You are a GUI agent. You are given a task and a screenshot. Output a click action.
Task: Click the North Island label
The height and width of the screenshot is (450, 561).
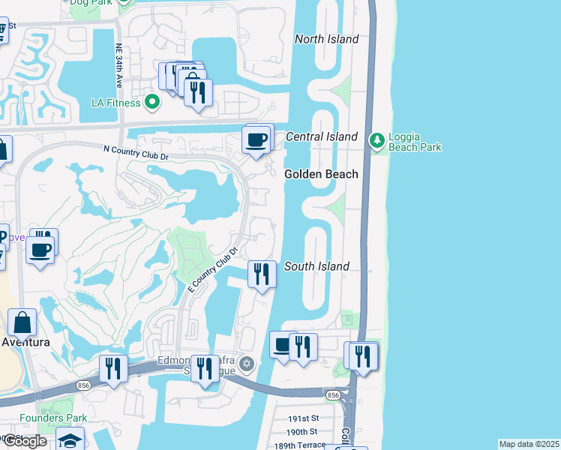point(327,39)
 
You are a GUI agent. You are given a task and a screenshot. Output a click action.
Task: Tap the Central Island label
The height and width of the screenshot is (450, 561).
point(322,136)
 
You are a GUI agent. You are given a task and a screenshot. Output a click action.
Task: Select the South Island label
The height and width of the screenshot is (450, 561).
point(316,266)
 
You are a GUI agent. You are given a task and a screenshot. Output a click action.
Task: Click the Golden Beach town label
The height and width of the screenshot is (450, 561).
point(321,174)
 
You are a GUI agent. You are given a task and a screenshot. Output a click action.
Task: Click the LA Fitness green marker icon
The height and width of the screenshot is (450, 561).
point(153,101)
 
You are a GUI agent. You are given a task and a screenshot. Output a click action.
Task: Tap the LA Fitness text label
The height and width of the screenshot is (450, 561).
point(117,101)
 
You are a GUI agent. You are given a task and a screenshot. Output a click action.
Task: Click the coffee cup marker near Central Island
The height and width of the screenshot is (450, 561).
point(256,139)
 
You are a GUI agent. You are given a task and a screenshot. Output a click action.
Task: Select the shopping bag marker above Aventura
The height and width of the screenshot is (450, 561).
point(23,322)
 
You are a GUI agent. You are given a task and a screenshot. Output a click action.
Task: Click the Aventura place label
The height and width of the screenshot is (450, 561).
point(25,342)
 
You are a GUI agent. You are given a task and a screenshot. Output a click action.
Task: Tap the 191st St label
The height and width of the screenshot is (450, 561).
point(304,418)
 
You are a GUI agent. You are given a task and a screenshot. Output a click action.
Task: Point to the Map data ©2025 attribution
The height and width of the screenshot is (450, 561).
point(529,444)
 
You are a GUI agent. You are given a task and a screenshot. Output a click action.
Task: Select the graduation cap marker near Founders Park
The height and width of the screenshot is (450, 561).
point(70,440)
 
